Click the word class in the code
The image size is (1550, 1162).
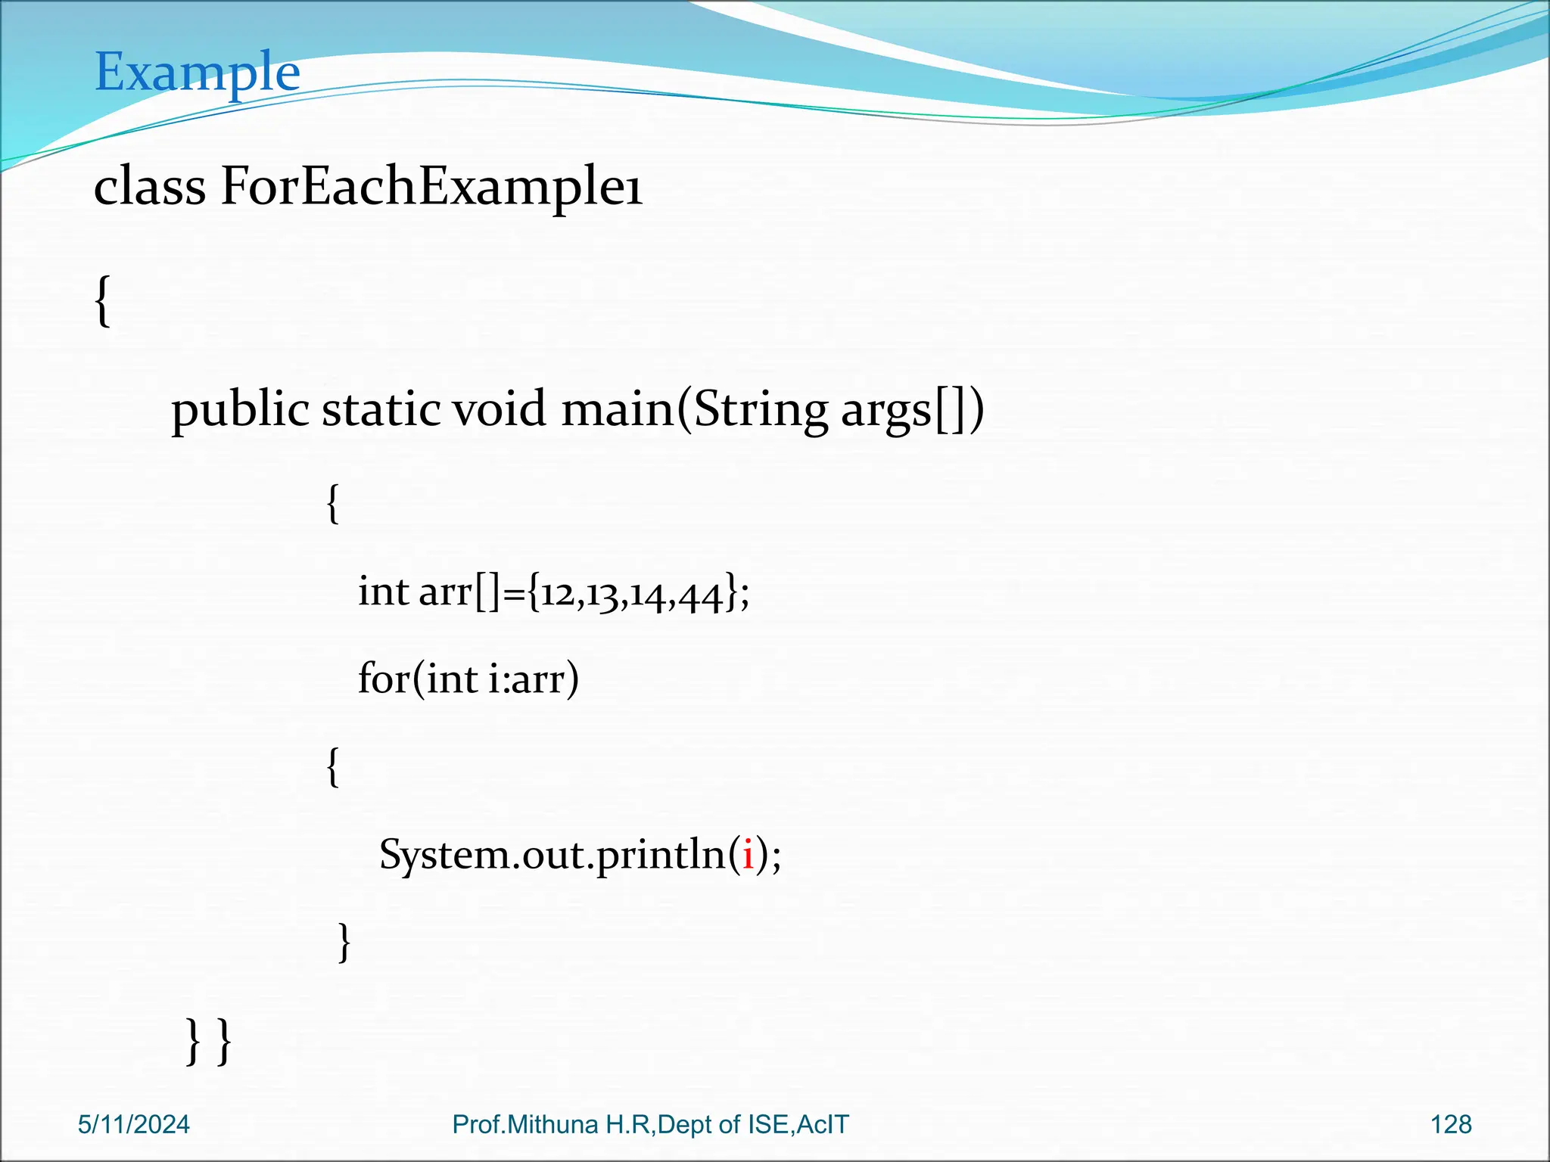(149, 187)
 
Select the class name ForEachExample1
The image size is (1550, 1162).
(431, 187)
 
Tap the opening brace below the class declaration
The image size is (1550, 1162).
(103, 301)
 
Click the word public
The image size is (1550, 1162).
(240, 411)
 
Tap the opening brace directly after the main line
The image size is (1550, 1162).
(332, 504)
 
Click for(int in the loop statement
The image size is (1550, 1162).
(417, 679)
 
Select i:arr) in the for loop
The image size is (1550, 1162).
(533, 679)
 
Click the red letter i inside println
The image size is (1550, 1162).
(748, 855)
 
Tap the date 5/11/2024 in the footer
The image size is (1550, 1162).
(134, 1125)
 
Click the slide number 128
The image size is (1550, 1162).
(1451, 1125)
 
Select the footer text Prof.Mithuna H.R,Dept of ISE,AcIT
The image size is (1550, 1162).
(650, 1125)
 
